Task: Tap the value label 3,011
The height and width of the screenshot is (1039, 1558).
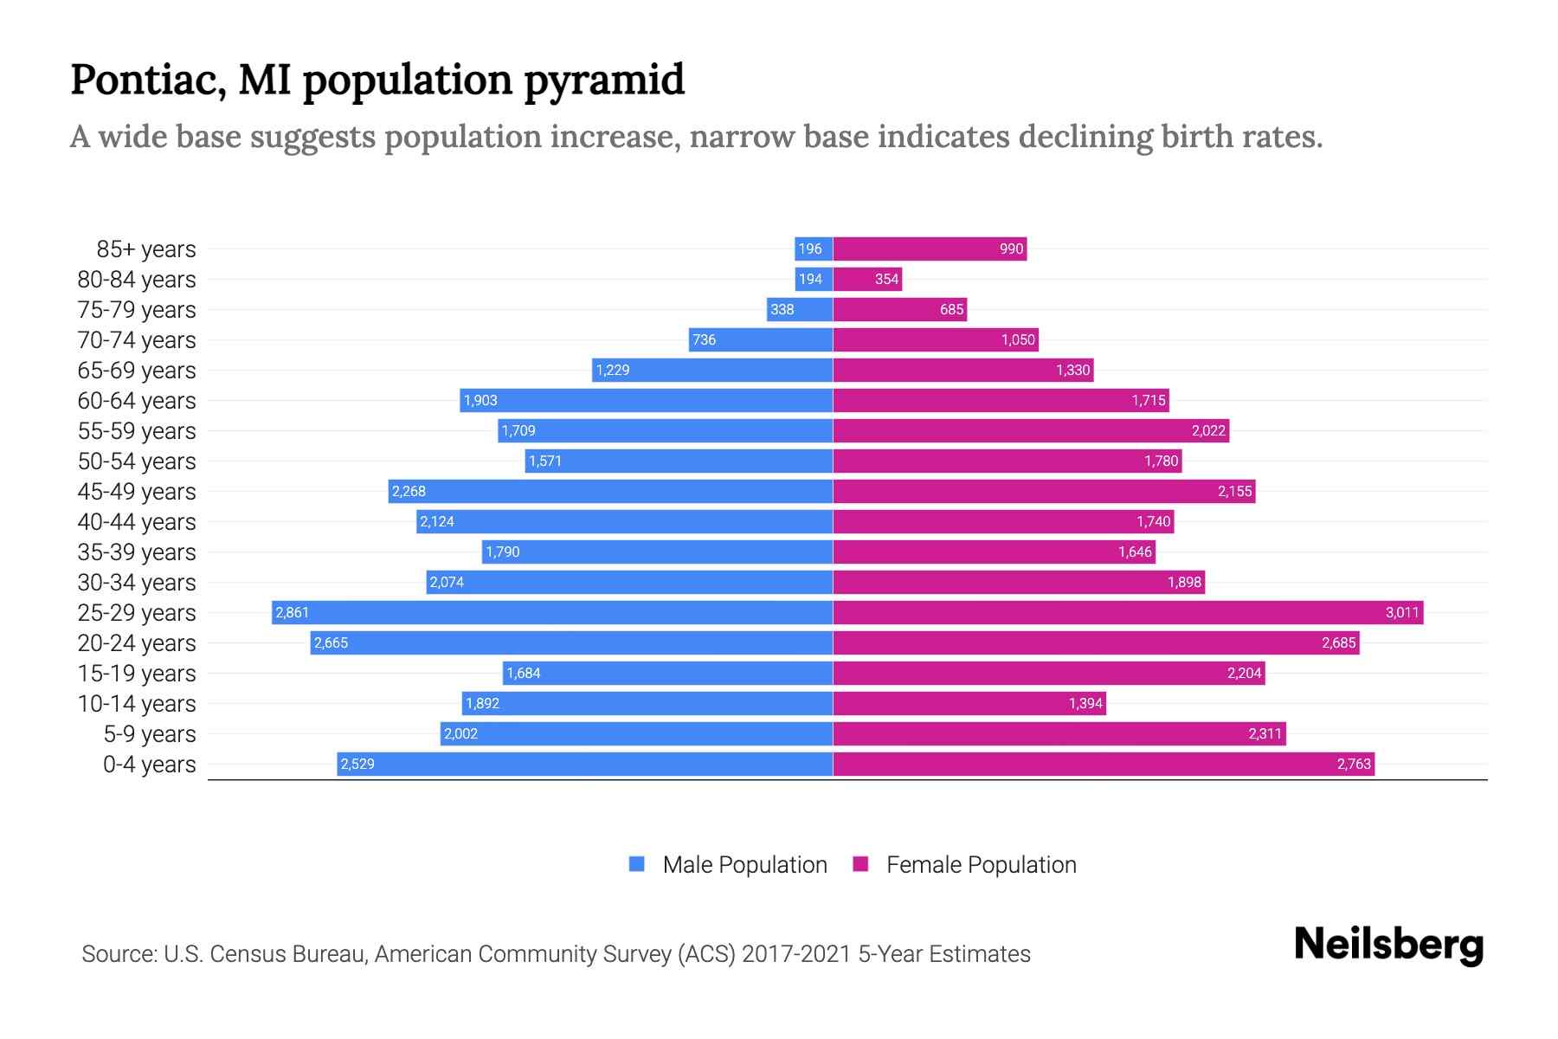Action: click(1401, 613)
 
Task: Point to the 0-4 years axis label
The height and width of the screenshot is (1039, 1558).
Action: click(149, 765)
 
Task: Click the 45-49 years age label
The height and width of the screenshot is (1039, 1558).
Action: click(137, 492)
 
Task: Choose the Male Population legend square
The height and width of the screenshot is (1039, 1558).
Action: click(637, 864)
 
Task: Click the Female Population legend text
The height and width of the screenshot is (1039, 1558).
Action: click(981, 865)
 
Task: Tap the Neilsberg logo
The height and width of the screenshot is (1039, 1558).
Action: click(1388, 945)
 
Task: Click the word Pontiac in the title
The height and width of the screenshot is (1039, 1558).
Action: click(148, 80)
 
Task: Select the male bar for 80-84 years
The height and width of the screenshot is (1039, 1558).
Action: click(814, 280)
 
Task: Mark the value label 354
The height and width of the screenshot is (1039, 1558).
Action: click(886, 280)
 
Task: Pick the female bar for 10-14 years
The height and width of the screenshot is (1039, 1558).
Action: click(969, 704)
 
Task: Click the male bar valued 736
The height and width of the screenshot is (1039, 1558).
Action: click(761, 340)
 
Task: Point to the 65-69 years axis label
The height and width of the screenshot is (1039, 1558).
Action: click(137, 371)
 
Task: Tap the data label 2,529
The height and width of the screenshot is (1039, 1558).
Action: click(357, 765)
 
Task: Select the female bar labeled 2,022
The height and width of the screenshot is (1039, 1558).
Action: click(1030, 431)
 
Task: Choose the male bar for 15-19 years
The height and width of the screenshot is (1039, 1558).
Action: click(667, 674)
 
